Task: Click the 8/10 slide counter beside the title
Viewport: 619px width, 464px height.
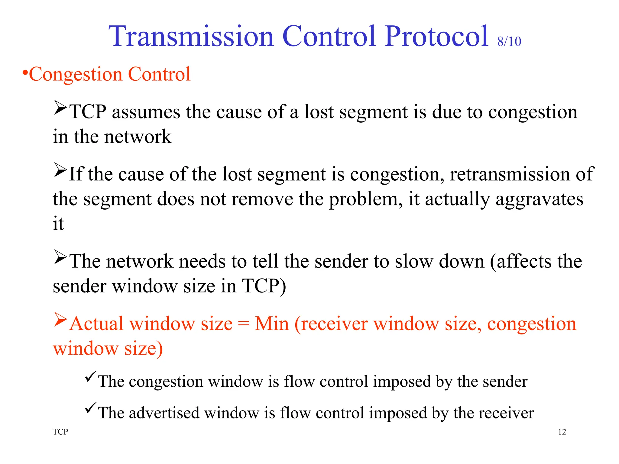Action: coord(509,42)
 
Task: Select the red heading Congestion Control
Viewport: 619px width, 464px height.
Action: coord(109,74)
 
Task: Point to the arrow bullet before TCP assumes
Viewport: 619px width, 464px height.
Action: coord(60,108)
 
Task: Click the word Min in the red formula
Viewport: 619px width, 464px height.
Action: coord(272,324)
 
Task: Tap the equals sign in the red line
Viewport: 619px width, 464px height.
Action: coord(244,324)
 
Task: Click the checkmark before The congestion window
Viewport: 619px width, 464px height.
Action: coord(90,376)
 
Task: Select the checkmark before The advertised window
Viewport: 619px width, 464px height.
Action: coord(90,408)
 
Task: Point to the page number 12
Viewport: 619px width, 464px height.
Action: coord(562,432)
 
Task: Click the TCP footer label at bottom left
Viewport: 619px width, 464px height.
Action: coord(60,432)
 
